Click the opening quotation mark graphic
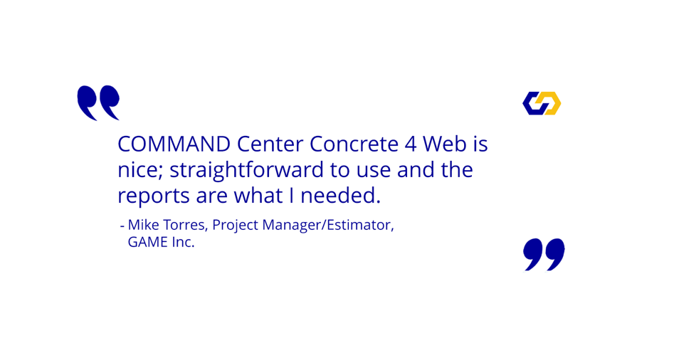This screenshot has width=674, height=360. [98, 103]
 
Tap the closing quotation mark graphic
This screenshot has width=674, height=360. [544, 254]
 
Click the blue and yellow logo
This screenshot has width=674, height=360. [542, 103]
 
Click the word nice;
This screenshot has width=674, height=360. [140, 171]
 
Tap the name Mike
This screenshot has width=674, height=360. [144, 225]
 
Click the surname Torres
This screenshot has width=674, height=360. [186, 225]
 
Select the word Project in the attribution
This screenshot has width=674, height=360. [236, 226]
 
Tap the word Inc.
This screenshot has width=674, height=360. [183, 242]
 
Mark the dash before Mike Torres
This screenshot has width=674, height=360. [122, 226]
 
